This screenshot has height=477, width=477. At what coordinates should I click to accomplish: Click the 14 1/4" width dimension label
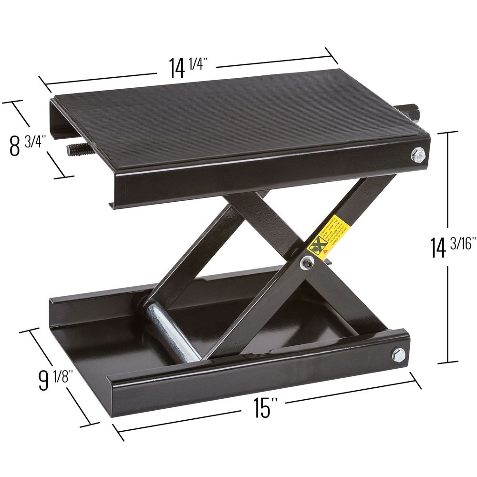click(x=186, y=67)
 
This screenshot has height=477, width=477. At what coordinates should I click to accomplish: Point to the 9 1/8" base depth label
click(x=54, y=379)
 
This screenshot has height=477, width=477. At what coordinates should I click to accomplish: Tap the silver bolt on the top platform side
click(x=418, y=155)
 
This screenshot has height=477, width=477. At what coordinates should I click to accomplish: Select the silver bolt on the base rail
click(x=398, y=354)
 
